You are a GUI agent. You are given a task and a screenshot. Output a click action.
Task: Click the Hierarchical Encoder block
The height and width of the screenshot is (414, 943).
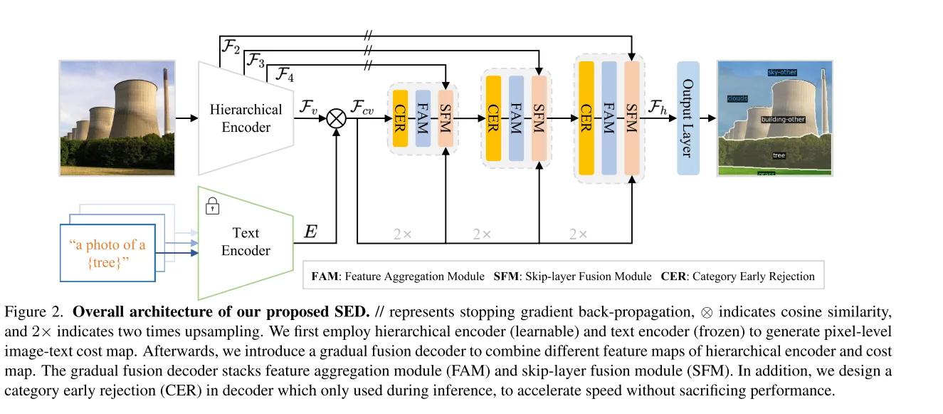coord(246,118)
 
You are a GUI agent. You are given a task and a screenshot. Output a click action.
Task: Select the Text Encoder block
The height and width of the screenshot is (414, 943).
coord(246,242)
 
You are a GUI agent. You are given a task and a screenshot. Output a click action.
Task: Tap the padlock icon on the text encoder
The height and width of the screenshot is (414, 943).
coord(212,206)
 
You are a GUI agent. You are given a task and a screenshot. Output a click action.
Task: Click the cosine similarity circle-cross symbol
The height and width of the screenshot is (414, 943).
coord(337,118)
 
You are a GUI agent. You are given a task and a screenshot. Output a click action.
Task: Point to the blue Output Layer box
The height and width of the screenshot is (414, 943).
coord(688,118)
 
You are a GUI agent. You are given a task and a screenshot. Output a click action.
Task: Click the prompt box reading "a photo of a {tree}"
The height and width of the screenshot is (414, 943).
coord(107,253)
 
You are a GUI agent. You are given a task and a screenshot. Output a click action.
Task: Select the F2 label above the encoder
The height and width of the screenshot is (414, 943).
coord(231,46)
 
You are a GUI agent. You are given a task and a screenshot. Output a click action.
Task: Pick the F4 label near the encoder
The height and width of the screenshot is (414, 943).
coord(285,74)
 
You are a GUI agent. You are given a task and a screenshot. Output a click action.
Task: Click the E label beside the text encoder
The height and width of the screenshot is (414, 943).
coord(310,232)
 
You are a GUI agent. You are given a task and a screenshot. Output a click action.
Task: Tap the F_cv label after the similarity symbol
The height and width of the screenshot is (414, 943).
coord(362,107)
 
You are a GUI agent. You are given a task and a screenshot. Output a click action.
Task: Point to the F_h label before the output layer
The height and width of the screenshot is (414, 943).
coord(657,107)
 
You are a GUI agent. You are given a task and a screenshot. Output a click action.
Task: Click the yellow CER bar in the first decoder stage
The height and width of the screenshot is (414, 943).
coord(400,118)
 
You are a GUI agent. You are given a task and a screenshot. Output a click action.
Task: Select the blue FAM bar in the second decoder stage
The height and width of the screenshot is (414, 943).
coord(516,118)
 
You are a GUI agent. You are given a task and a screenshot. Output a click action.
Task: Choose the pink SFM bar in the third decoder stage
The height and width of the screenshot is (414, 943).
coord(632,118)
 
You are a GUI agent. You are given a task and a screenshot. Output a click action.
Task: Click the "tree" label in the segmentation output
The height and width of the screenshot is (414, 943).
coord(779,155)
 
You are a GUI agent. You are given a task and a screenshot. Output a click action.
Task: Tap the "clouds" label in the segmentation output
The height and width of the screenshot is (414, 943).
coord(737,98)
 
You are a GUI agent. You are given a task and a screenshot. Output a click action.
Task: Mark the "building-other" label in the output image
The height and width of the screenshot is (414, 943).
coord(783,119)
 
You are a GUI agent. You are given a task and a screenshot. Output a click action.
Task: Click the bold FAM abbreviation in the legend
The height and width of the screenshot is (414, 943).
coord(325,276)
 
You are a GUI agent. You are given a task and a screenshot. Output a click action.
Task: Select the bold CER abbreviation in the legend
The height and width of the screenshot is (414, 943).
coord(673,276)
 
